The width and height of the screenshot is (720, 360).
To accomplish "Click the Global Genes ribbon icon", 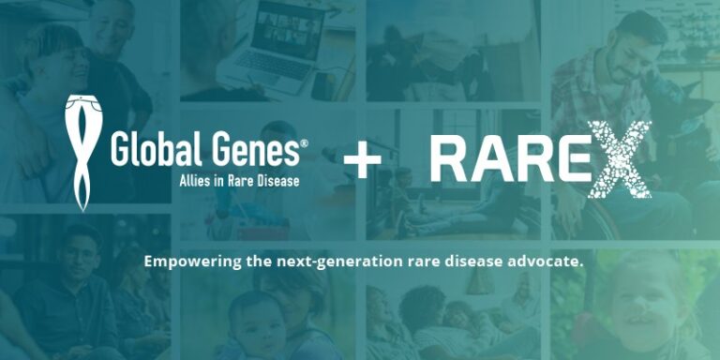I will point(82,150).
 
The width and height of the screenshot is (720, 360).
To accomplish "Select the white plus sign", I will point(362,160).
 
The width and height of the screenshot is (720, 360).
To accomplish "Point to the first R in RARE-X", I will point(451,159).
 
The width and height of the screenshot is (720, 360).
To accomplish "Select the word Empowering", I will point(192,262).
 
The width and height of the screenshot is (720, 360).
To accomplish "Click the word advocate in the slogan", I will point(547,262).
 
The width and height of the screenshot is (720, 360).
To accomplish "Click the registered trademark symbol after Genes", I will point(304,142).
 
